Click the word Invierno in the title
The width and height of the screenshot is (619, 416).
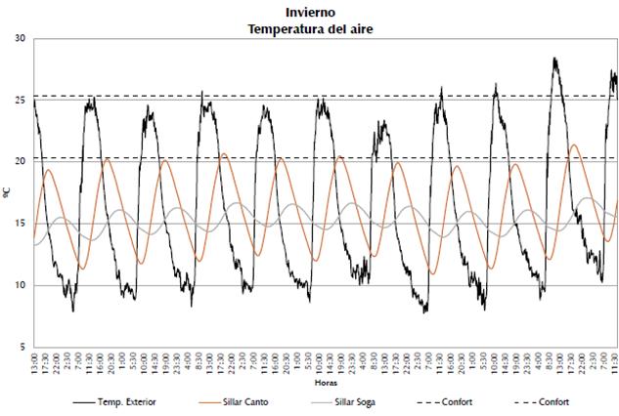[310, 13]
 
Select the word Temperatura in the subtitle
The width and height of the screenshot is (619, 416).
[281, 28]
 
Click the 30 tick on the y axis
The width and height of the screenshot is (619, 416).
[21, 38]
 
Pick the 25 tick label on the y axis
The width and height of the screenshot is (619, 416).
[21, 100]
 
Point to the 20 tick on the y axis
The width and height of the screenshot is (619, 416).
[21, 161]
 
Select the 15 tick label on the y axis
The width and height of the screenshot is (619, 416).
[21, 224]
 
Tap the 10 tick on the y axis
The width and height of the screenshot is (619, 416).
[21, 285]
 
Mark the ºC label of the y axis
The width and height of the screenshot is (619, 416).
[7, 192]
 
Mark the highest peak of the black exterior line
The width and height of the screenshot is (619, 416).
[554, 59]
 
